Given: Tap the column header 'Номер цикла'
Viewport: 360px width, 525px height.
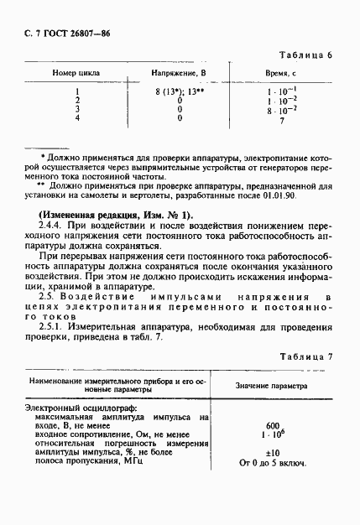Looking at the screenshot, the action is point(78,74).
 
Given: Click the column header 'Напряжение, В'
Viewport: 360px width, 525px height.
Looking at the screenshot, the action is point(180,74).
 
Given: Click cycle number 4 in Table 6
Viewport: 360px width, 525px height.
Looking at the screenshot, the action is point(77,118).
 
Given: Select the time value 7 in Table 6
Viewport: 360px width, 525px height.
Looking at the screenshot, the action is point(281,122).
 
